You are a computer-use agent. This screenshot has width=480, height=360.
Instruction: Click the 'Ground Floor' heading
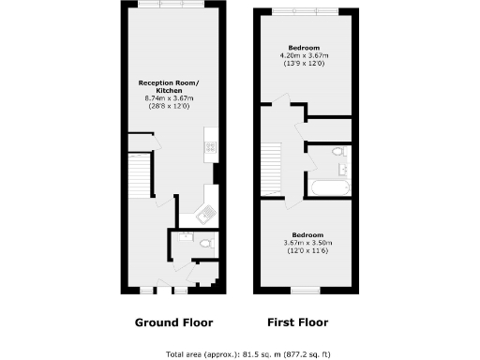tap(173, 322)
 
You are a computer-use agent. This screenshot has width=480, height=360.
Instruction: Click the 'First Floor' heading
tap(298, 322)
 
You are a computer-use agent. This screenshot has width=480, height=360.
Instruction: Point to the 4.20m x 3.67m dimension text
tap(305, 55)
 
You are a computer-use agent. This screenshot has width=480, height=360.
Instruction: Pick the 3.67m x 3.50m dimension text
tap(307, 242)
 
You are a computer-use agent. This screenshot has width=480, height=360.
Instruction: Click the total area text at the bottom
tap(240, 353)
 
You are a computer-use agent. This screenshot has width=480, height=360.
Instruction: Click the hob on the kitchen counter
tap(212, 146)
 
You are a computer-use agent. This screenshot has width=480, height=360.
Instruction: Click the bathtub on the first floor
tap(329, 188)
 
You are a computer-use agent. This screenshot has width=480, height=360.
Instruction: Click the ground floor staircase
tap(138, 176)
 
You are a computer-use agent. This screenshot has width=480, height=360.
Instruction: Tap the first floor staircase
tap(271, 168)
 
